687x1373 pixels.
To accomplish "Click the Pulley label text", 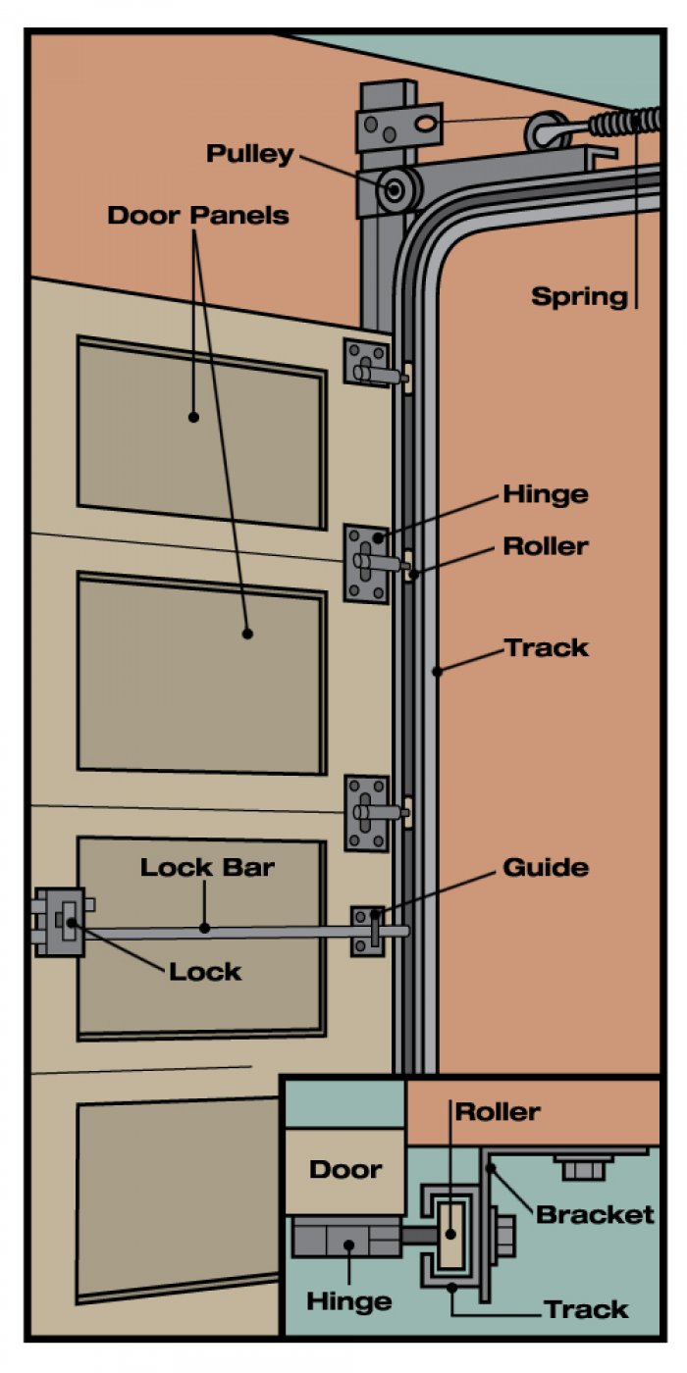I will pos(249,154).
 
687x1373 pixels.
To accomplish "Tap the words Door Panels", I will pos(198,215).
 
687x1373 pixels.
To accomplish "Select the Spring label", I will pos(579,295).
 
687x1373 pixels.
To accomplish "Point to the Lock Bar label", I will pos(206,867).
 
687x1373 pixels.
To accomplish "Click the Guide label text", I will pos(546,867).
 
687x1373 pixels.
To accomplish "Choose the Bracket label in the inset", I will pos(595,1214).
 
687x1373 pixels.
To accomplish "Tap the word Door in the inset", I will pos(345,1169).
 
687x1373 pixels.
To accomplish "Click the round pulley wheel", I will pos(397,189).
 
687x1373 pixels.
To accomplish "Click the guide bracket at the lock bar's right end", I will pos(367,929).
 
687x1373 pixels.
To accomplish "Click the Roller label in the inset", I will pos(498,1111).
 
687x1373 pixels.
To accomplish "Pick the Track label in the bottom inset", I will pos(586,1308).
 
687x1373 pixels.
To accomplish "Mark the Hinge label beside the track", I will pos(546,494).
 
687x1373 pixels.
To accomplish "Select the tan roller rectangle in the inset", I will pos(450,1224).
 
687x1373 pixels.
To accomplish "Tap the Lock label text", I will pos(204,971).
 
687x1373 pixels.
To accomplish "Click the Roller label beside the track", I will pos(546,546).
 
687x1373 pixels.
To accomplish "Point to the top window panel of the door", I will pos(201,434).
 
